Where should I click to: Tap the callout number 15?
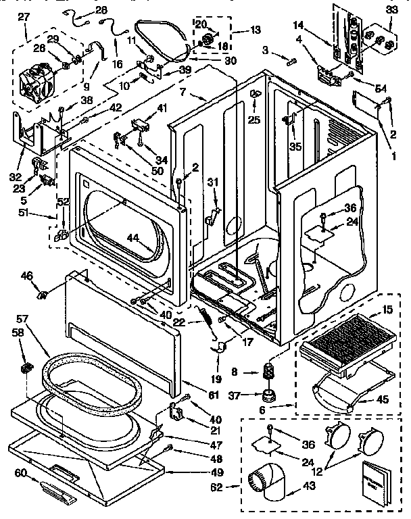(387, 310)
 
